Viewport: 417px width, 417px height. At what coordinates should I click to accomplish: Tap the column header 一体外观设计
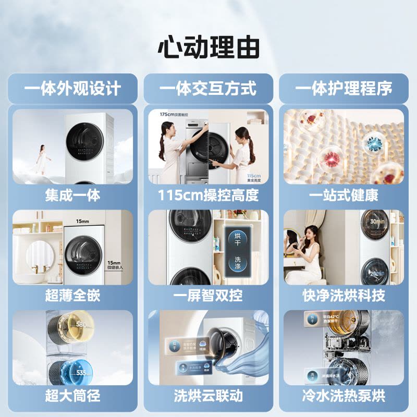[x=72, y=88]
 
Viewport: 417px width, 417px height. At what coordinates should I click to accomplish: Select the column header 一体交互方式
[x=208, y=88]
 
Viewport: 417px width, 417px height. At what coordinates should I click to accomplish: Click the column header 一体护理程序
[x=344, y=88]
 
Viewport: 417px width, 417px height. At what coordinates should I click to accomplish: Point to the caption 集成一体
[x=72, y=195]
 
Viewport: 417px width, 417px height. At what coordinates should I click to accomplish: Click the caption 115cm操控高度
[x=208, y=195]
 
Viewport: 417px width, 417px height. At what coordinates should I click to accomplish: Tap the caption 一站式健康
[x=344, y=195]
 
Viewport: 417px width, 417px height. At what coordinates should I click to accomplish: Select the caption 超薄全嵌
[x=72, y=296]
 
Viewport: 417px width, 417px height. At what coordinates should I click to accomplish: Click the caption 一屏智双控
[x=208, y=296]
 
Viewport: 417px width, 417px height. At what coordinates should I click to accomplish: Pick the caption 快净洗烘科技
[x=344, y=296]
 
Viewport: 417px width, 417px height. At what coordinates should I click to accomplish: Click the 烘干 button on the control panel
[x=238, y=239]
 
